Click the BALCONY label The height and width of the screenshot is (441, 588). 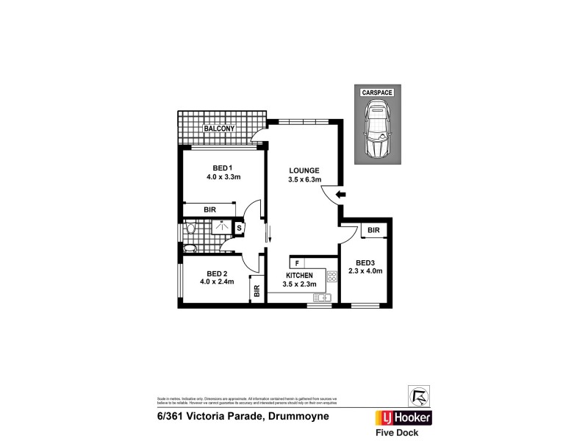219,129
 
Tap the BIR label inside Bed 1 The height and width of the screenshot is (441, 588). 211,209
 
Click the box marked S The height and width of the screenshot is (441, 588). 240,228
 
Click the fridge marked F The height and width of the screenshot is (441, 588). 297,263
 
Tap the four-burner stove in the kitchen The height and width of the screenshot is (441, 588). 331,278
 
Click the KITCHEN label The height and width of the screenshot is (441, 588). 300,276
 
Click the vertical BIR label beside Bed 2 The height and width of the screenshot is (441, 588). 257,290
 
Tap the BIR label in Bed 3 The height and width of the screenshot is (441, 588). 373,231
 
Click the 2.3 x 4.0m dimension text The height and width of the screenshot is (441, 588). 365,271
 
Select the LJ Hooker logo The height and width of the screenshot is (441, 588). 404,417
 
